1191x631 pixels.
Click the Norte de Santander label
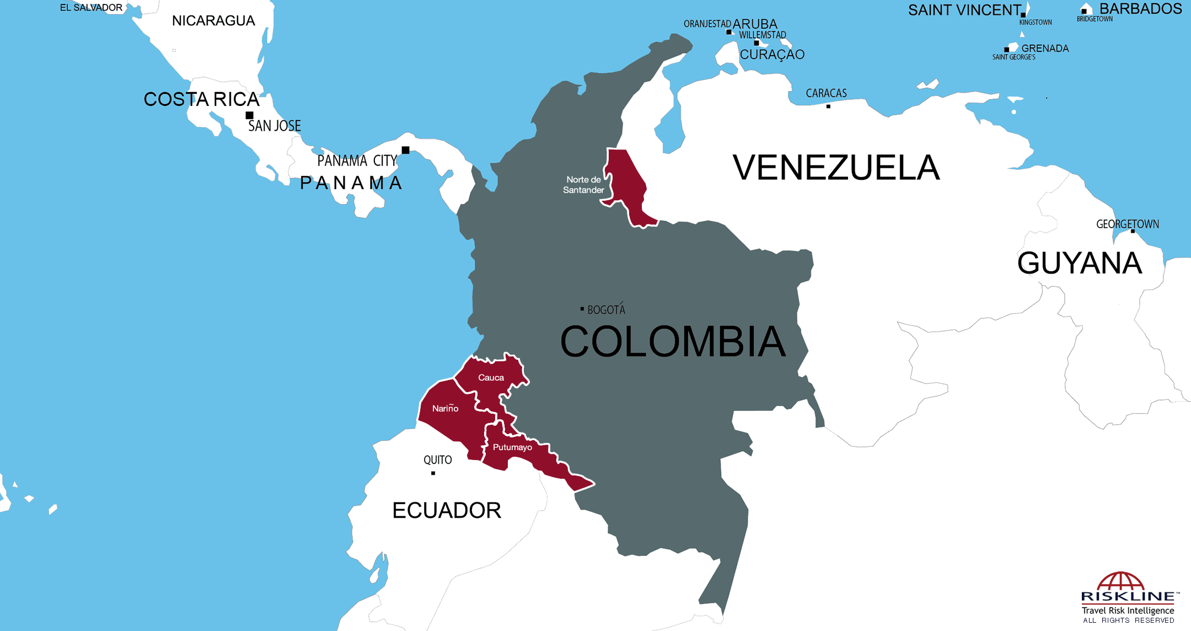[x=583, y=185]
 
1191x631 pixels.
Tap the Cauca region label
[x=491, y=378]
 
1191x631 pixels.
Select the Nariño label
[x=445, y=409]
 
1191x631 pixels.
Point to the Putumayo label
[x=512, y=447]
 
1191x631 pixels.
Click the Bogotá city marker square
[x=582, y=309]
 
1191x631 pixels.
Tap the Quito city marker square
[x=433, y=473]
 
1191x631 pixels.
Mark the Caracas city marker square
[x=828, y=106]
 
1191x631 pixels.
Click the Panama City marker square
[x=405, y=150]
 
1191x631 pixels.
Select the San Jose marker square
[x=249, y=115]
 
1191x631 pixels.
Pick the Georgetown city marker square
[x=1133, y=231]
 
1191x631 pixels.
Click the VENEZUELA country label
[x=836, y=168]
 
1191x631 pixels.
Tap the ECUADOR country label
[x=447, y=511]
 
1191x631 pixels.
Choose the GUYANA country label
[x=1079, y=263]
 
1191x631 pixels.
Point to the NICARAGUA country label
[x=213, y=21]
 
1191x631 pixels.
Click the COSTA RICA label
[x=201, y=99]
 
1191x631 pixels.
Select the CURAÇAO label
[x=772, y=55]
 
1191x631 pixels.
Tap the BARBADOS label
[x=1140, y=9]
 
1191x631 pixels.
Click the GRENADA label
[x=1045, y=49]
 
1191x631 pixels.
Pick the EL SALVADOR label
[x=91, y=8]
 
